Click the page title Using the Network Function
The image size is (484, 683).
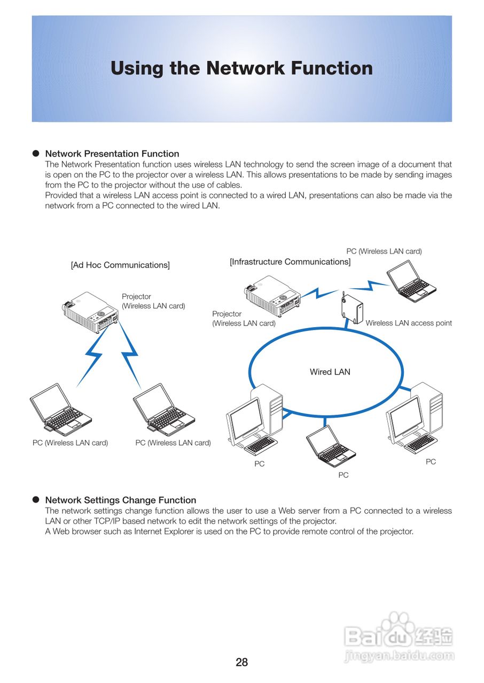pyautogui.click(x=241, y=68)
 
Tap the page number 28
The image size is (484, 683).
pyautogui.click(x=241, y=663)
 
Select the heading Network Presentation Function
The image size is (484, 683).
pyautogui.click(x=112, y=154)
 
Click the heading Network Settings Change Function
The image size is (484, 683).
pyautogui.click(x=121, y=500)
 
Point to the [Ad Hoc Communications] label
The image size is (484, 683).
pyautogui.click(x=120, y=265)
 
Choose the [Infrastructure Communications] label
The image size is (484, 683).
pyautogui.click(x=290, y=262)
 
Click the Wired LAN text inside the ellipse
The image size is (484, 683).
pyautogui.click(x=330, y=372)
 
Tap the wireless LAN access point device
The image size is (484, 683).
pyautogui.click(x=352, y=308)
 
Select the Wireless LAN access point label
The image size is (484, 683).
pyautogui.click(x=409, y=323)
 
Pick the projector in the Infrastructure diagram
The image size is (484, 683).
pyautogui.click(x=272, y=295)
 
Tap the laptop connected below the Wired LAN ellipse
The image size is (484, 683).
pyautogui.click(x=330, y=446)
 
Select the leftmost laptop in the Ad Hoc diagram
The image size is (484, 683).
pyautogui.click(x=59, y=410)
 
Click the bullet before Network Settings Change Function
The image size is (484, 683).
pyautogui.click(x=36, y=500)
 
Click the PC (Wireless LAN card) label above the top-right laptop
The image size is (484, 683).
pyautogui.click(x=384, y=251)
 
